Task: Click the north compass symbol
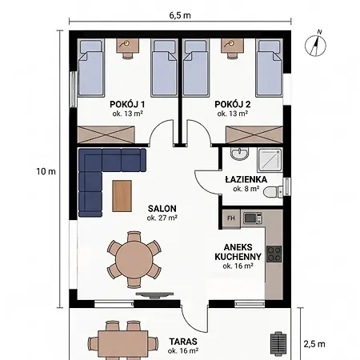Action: pyautogui.click(x=316, y=45)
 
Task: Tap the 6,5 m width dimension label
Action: pyautogui.click(x=180, y=15)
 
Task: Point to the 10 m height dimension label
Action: pyautogui.click(x=46, y=171)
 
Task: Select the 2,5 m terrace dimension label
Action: pyautogui.click(x=314, y=344)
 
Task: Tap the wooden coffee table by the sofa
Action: pyautogui.click(x=122, y=196)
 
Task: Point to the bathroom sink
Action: pyautogui.click(x=239, y=154)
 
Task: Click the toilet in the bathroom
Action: pyautogui.click(x=273, y=191)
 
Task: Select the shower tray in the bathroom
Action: pyautogui.click(x=270, y=160)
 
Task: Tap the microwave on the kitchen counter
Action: pyautogui.click(x=253, y=218)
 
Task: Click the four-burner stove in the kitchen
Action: pyautogui.click(x=274, y=254)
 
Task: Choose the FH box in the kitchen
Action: pyautogui.click(x=231, y=218)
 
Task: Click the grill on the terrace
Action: pyautogui.click(x=278, y=343)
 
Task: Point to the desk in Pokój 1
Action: pyautogui.click(x=128, y=46)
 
